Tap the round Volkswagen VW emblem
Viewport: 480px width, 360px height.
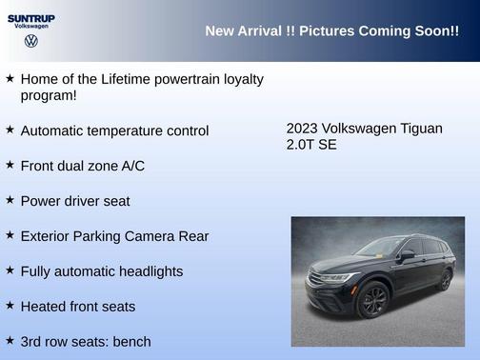(30, 42)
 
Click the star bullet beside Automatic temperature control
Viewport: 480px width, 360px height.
(10, 130)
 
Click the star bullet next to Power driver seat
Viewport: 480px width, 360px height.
(10, 200)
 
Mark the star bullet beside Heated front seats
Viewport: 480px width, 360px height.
(10, 306)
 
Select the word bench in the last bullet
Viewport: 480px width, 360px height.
(130, 341)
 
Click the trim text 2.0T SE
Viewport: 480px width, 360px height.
(311, 145)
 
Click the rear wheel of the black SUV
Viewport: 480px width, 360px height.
(445, 281)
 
